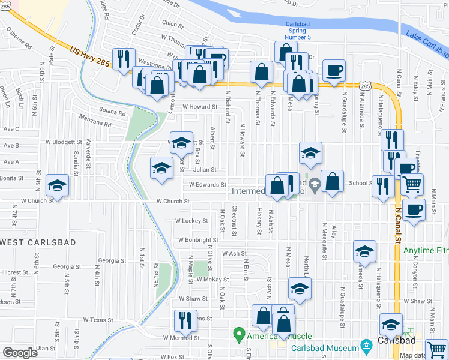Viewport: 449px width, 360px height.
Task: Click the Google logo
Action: point(20,353)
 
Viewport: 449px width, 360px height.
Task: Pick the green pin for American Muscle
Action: point(239,334)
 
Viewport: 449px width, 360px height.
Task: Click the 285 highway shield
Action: point(365,87)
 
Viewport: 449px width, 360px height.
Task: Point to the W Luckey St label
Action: point(191,221)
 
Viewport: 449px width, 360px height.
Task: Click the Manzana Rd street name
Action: point(95,122)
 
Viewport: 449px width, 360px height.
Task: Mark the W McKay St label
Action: point(212,280)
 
